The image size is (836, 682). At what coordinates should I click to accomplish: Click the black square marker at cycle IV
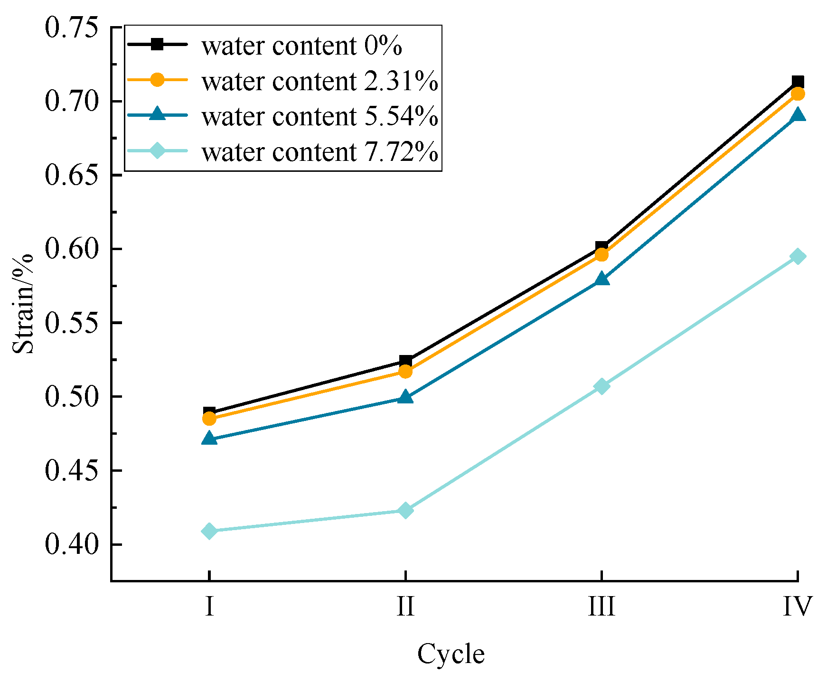(x=798, y=82)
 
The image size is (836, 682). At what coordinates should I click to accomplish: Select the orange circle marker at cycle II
(x=405, y=371)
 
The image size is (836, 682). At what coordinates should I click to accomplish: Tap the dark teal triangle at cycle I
(x=209, y=439)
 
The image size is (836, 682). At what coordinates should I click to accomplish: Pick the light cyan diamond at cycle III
(x=601, y=386)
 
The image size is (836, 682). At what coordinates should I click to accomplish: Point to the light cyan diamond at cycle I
(x=209, y=531)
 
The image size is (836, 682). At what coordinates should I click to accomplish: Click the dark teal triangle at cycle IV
(x=798, y=115)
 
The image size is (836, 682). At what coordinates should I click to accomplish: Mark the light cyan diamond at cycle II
(x=405, y=510)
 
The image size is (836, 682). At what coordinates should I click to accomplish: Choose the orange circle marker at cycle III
(x=601, y=255)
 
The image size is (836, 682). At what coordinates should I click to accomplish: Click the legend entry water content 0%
(x=302, y=46)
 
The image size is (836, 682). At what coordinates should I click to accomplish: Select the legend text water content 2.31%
(x=319, y=81)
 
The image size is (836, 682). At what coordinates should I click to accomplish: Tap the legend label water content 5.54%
(x=319, y=116)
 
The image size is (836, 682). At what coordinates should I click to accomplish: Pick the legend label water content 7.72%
(x=319, y=152)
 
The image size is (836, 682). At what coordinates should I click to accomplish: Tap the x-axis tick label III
(x=601, y=607)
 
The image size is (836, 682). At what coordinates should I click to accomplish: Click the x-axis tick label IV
(x=798, y=607)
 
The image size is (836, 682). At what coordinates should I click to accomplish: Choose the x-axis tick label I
(x=209, y=607)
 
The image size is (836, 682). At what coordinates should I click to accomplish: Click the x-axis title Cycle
(x=451, y=654)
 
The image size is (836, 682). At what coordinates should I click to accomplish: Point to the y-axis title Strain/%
(x=23, y=304)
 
